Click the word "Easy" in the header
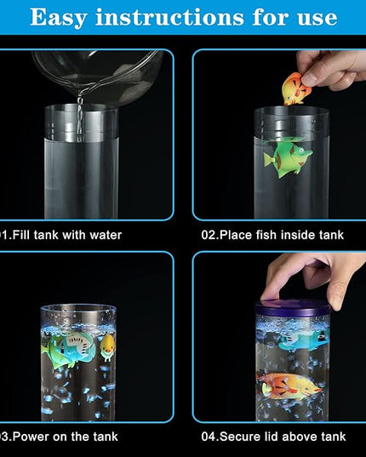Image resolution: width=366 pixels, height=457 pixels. coord(58,18)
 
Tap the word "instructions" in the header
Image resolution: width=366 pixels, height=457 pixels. coord(169,17)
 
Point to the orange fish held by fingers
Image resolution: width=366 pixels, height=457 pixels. coord(296,89)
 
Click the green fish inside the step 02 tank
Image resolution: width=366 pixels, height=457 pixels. coord(288,157)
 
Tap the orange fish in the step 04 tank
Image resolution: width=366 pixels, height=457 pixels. coord(289,386)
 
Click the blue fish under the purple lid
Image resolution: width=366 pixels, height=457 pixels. coord(304,340)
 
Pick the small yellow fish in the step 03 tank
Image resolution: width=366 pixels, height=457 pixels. coord(108,347)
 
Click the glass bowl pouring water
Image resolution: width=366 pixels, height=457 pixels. coord(98,77)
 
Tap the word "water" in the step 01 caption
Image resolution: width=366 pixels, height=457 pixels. coord(106,235)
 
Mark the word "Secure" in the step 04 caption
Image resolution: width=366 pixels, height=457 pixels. coord(240,437)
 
